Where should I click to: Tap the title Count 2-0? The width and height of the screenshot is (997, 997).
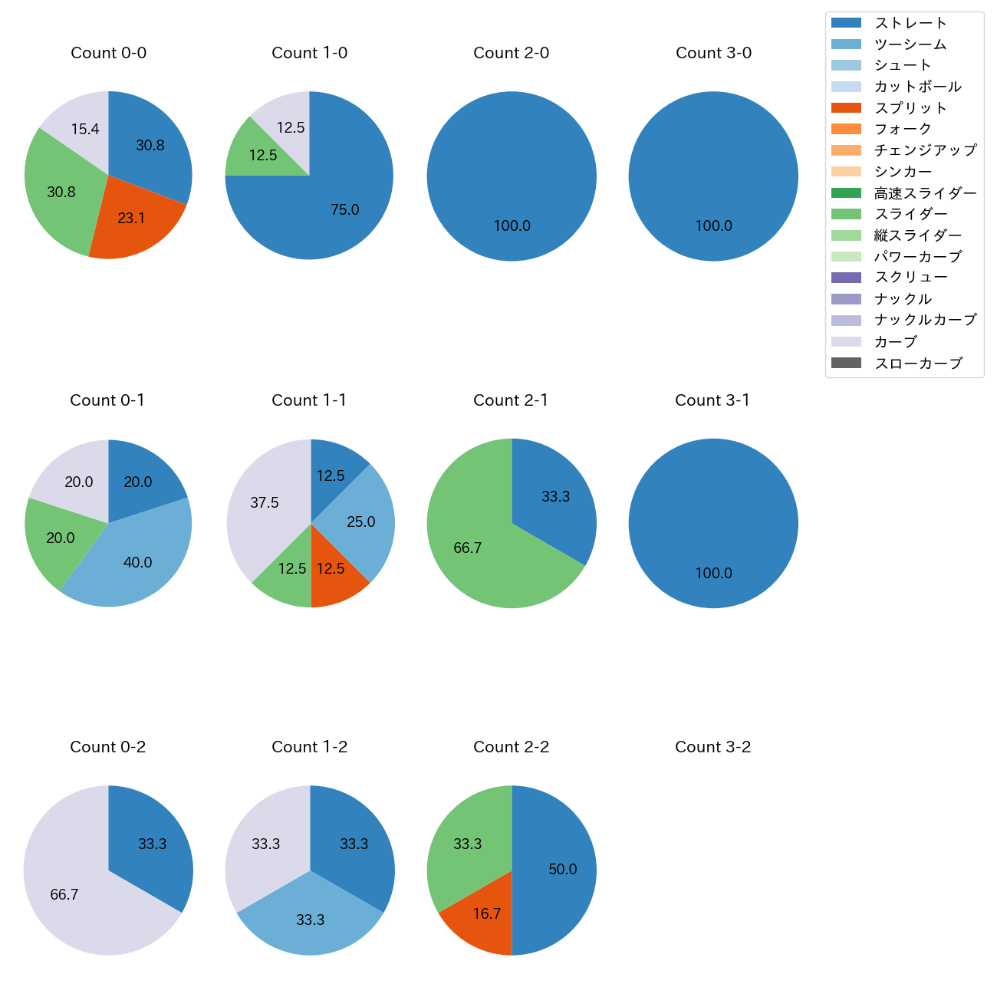[511, 53]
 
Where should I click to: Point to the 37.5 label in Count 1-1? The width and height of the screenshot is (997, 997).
[265, 503]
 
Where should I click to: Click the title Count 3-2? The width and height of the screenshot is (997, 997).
[712, 747]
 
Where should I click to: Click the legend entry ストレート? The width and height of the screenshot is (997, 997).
[910, 23]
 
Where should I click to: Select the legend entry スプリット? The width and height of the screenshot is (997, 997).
[910, 108]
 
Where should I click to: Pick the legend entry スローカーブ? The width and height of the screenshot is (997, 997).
[918, 364]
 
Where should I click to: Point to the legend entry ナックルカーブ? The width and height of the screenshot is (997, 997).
[925, 321]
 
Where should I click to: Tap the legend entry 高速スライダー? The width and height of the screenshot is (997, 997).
[925, 193]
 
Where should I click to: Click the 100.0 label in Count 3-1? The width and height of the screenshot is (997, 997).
[713, 574]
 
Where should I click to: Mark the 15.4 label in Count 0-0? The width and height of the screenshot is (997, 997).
[85, 130]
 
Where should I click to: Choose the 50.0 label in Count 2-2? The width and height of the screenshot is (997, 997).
[562, 870]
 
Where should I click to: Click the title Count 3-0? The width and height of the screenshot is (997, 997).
[713, 53]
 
